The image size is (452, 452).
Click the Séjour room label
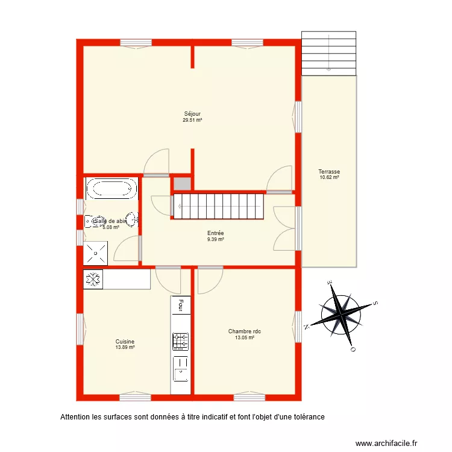tap(192, 114)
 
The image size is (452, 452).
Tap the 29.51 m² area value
tap(192, 120)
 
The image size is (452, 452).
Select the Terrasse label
tap(329, 172)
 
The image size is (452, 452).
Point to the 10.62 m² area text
tap(329, 178)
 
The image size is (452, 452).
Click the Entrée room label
tap(216, 233)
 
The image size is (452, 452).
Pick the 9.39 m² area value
tap(216, 239)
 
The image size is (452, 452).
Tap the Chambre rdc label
tap(244, 331)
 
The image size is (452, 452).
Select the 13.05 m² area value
tap(244, 337)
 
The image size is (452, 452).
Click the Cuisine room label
tap(125, 341)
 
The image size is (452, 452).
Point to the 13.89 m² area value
tap(125, 347)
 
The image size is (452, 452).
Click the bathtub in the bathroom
tap(111, 189)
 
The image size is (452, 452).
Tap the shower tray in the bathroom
tap(96, 253)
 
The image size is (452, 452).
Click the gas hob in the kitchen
tap(180, 341)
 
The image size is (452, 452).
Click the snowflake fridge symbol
tap(93, 279)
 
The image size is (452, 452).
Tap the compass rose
tap(341, 315)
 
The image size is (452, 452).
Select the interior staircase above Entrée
tap(219, 206)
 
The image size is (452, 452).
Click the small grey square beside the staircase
tap(181, 184)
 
